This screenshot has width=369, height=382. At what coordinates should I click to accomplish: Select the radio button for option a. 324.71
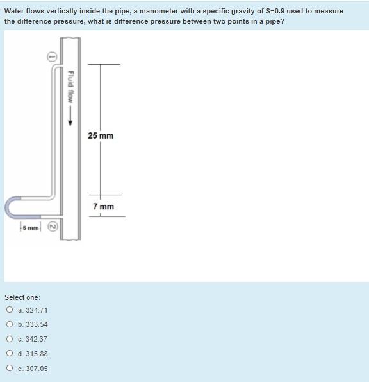click(10, 309)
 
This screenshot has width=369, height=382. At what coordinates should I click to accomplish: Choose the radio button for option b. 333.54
click(10, 324)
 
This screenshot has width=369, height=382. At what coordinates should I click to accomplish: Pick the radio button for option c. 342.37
click(10, 339)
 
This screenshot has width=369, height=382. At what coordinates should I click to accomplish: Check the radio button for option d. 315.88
click(10, 354)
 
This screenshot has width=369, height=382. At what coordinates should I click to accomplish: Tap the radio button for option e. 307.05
click(10, 369)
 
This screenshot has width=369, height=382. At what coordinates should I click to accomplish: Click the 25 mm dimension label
click(101, 135)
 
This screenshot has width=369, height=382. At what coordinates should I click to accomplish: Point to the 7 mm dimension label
click(103, 206)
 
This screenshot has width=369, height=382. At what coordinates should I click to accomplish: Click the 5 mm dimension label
click(29, 228)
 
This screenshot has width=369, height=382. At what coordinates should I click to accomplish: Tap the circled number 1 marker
click(54, 56)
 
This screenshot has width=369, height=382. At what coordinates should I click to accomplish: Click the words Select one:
click(22, 297)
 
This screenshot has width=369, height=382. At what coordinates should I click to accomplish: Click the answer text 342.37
click(37, 339)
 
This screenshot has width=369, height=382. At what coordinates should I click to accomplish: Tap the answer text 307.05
click(37, 369)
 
